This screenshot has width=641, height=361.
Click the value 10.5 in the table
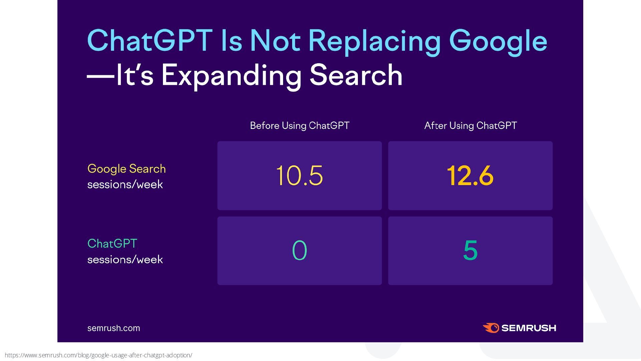(x=299, y=175)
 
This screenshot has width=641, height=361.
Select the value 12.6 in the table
(x=470, y=175)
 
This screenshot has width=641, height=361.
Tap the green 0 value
(x=299, y=250)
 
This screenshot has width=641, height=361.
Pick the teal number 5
(x=470, y=250)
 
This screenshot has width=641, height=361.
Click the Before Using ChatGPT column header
(x=299, y=126)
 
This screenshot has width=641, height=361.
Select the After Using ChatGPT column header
(x=470, y=126)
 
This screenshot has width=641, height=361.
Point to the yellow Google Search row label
(x=127, y=169)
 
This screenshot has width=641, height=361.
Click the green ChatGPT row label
(x=112, y=244)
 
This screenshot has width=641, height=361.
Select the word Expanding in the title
(x=231, y=76)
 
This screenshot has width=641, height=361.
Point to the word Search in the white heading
(x=356, y=76)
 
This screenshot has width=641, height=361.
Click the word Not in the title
(x=275, y=41)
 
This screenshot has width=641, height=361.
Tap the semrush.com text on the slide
(x=114, y=328)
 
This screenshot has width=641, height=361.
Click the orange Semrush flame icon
(x=491, y=328)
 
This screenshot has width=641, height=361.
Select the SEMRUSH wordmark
(x=529, y=328)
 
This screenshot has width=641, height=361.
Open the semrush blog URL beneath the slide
(x=98, y=355)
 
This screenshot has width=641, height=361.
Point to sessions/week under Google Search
(x=125, y=185)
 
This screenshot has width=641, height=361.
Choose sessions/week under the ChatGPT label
(x=125, y=260)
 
